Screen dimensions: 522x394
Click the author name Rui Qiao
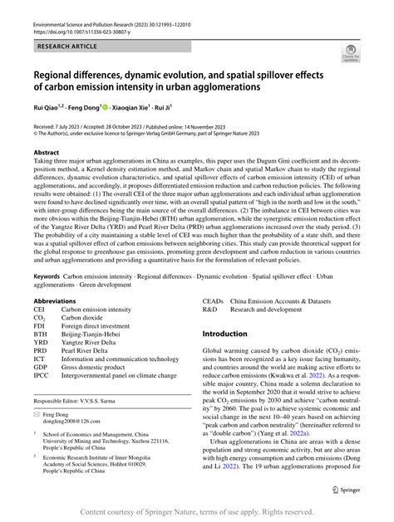click(x=48, y=108)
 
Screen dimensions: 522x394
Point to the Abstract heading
click(x=47, y=154)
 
